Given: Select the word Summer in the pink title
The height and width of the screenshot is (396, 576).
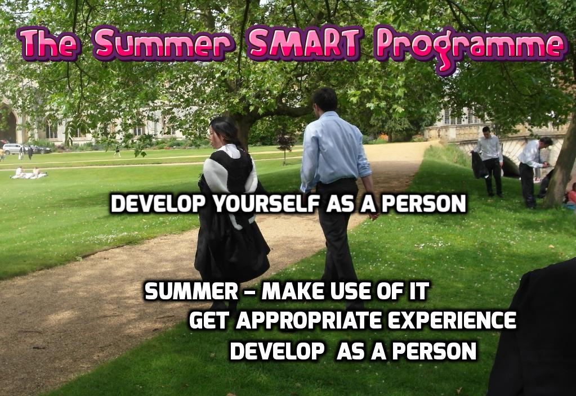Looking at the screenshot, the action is coord(163,43).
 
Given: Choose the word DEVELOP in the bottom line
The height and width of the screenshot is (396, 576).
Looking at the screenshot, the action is coord(278,351).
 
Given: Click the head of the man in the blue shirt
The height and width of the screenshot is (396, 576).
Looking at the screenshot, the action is coord(324,100).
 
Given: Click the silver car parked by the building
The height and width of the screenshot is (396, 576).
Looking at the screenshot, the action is coord(13,148).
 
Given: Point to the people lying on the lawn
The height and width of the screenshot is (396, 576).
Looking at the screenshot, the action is coord(29,173).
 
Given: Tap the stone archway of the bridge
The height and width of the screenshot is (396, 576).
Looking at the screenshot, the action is coord(511,161).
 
